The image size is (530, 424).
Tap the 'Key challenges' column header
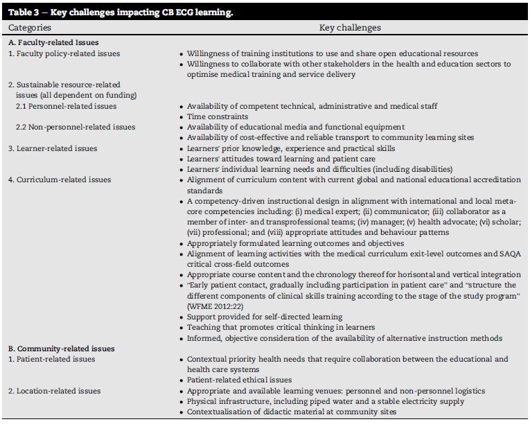[x=350, y=28]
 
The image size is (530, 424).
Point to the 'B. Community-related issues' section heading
[x=61, y=348]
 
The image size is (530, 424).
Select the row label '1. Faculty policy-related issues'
[x=64, y=53]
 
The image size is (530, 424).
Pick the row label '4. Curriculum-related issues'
[x=60, y=179]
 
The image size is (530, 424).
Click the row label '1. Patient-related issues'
[x=55, y=359]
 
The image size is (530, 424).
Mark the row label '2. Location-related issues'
[x=55, y=391]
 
